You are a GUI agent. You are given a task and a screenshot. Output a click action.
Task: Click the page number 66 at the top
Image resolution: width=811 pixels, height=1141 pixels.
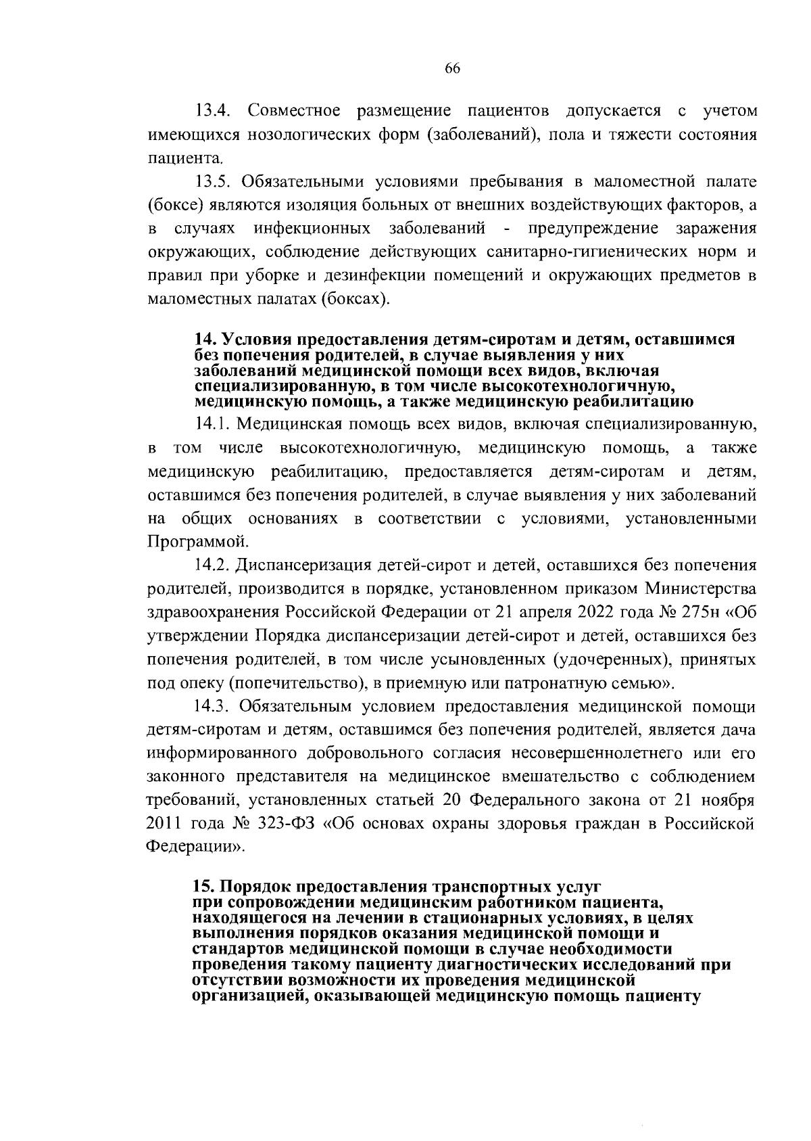pyautogui.click(x=452, y=68)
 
